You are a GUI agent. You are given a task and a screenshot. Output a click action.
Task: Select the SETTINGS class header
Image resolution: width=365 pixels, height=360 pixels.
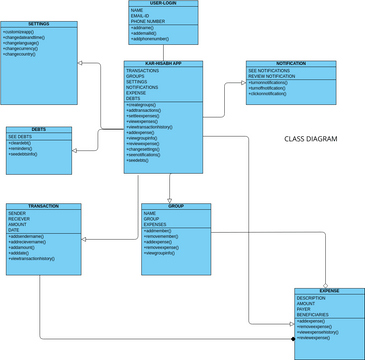click(x=39, y=23)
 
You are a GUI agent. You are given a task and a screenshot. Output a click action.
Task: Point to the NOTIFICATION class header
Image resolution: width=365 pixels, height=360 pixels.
click(x=290, y=63)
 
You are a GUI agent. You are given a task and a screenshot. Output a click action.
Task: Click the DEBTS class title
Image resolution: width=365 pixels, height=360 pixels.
click(x=37, y=130)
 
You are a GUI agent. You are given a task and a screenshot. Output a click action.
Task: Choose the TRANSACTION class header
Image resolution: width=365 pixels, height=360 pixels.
click(x=44, y=207)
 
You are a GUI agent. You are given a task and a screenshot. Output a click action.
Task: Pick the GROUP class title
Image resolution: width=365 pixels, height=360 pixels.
click(x=176, y=206)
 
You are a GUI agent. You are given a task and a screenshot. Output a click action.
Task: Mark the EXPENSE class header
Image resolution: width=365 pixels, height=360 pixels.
click(x=329, y=291)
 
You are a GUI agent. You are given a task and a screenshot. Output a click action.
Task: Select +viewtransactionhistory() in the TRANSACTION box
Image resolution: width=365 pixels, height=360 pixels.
click(x=45, y=259)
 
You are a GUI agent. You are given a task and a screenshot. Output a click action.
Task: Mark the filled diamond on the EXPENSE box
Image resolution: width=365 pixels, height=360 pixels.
click(x=293, y=340)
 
